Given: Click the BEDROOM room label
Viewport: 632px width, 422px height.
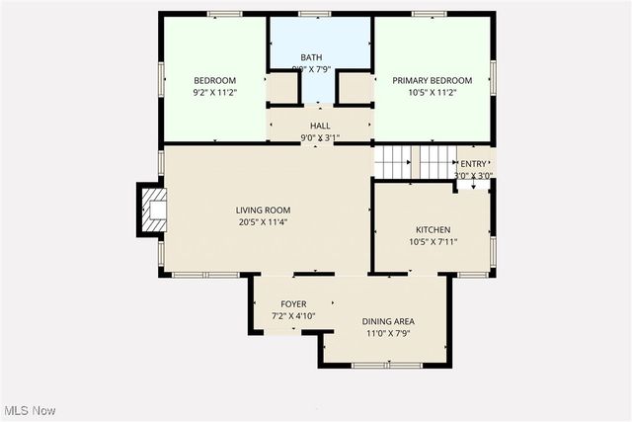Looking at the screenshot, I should tap(214, 80).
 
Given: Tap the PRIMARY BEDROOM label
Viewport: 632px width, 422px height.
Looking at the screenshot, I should tap(432, 80).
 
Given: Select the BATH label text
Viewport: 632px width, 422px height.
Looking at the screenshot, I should tap(311, 57).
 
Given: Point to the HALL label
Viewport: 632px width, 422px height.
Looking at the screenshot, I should tap(320, 126).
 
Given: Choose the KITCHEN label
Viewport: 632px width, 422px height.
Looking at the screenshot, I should tap(433, 228).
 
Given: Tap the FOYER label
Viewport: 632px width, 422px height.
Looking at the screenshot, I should tap(293, 303).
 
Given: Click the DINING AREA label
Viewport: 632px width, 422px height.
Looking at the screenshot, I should tap(388, 321).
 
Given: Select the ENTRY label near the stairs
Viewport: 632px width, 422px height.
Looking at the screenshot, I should tap(473, 164).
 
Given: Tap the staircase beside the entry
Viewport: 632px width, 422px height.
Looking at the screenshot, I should tap(398, 161).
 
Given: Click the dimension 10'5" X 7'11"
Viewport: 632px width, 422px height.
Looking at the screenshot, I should tap(433, 241).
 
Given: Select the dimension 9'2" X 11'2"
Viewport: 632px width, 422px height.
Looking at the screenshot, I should tap(214, 93).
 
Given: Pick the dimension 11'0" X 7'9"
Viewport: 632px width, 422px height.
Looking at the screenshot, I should tap(388, 334).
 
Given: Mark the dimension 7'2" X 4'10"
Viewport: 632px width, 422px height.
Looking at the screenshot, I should tap(293, 316).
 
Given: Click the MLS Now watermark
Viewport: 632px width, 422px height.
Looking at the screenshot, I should tap(29, 410).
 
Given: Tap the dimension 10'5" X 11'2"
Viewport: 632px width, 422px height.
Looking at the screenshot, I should tap(432, 93).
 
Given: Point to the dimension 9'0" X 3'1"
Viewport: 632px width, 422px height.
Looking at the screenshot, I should tap(320, 138).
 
